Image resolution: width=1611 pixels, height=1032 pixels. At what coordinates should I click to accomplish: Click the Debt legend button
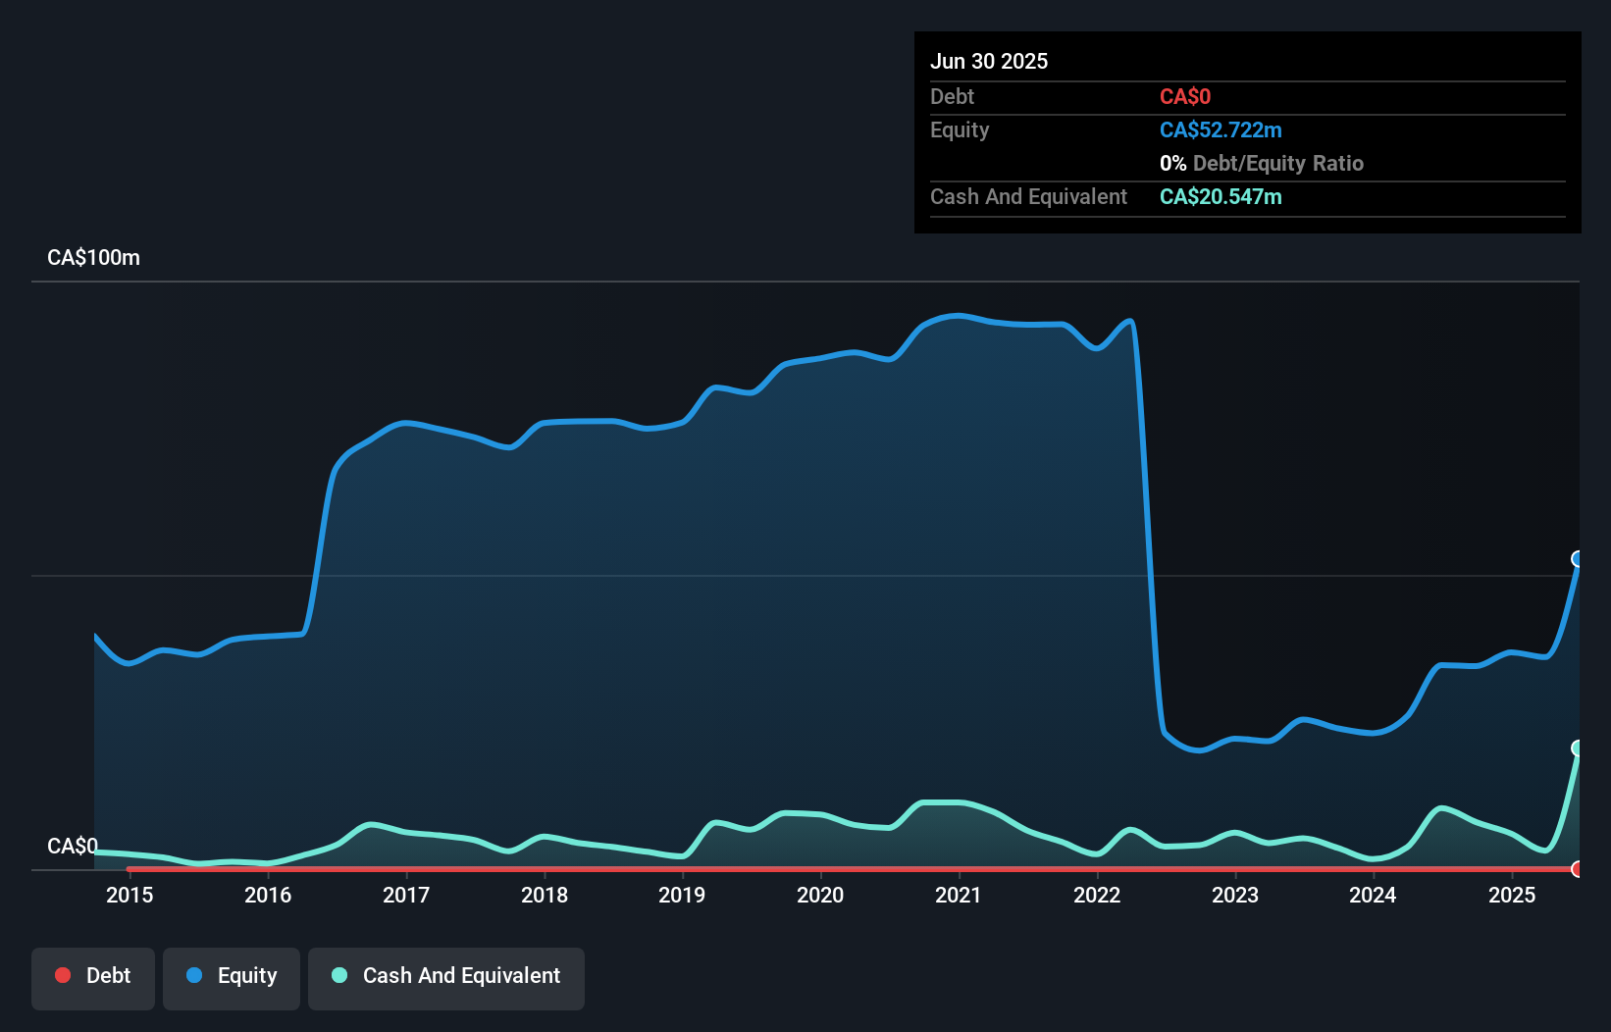point(93,976)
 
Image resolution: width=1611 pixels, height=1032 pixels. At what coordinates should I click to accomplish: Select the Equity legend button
point(232,976)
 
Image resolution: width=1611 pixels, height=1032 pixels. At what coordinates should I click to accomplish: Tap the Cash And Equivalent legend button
point(446,976)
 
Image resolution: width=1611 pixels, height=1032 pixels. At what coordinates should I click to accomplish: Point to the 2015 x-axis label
point(130,895)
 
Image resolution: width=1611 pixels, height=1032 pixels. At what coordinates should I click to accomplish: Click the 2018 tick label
point(545,895)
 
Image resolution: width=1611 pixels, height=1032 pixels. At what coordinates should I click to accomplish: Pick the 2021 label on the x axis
point(959,895)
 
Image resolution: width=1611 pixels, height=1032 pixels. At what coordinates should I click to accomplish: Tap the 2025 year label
point(1512,895)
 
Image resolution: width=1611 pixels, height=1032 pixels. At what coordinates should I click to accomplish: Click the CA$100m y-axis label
point(94,258)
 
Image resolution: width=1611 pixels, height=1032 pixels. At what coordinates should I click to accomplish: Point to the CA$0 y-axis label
point(73,846)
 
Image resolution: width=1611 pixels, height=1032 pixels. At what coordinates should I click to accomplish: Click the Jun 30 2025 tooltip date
point(989,61)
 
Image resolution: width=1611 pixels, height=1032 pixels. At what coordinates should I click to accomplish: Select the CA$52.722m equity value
point(1221,130)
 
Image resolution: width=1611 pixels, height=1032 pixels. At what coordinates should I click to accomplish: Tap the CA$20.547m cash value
point(1221,197)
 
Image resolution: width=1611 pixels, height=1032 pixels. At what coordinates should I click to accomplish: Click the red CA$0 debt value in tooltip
point(1185,97)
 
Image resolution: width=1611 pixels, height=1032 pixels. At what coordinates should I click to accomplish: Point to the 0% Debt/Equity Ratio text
point(1262,164)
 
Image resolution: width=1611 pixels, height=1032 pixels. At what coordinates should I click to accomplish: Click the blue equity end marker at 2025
point(1578,559)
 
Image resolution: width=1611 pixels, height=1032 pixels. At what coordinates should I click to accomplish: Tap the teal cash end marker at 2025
point(1578,748)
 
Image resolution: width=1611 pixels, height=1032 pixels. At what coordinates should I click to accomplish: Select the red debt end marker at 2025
point(1578,869)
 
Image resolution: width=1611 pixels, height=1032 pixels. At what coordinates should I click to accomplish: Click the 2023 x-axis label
point(1235,895)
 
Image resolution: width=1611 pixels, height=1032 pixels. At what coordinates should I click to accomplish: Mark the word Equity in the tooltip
point(960,130)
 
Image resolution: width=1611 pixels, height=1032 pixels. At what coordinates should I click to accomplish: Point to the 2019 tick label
point(682,895)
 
